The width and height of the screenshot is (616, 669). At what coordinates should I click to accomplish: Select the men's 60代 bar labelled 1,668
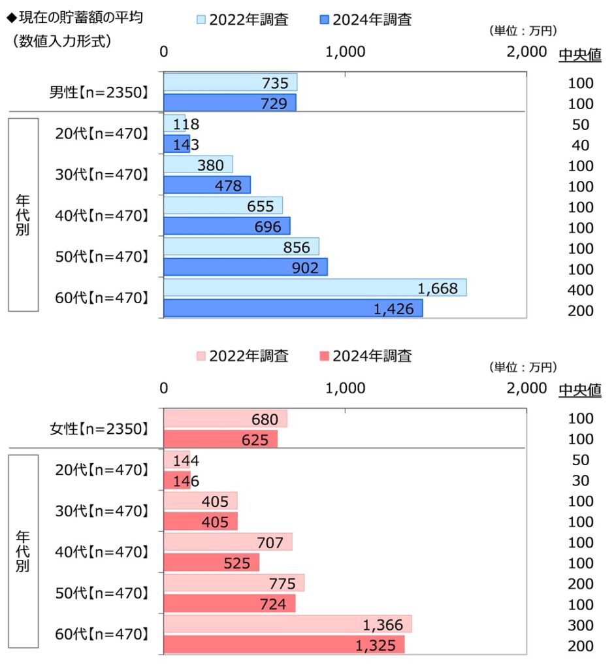pyautogui.click(x=314, y=287)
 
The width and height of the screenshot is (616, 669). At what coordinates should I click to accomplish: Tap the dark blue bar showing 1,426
pyautogui.click(x=293, y=308)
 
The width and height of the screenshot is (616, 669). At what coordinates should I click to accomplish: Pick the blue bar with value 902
pyautogui.click(x=245, y=267)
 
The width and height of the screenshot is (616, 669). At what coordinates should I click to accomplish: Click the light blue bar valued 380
pyautogui.click(x=198, y=164)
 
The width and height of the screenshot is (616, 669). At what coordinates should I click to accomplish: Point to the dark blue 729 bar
pyautogui.click(x=229, y=103)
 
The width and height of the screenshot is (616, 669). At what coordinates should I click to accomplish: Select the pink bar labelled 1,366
pyautogui.click(x=287, y=624)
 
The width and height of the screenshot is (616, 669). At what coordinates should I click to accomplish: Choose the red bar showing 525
pyautogui.click(x=211, y=563)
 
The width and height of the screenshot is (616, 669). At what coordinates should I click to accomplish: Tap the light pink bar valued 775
pyautogui.click(x=233, y=583)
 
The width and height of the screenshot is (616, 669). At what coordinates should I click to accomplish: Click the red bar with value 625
pyautogui.click(x=220, y=439)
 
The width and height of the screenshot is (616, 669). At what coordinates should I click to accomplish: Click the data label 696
pyautogui.click(x=268, y=227)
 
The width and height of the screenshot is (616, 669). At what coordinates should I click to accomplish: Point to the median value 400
pyautogui.click(x=581, y=289)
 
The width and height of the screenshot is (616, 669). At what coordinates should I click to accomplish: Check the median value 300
pyautogui.click(x=581, y=625)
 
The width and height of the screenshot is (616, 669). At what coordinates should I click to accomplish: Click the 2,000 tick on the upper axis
pyautogui.click(x=526, y=52)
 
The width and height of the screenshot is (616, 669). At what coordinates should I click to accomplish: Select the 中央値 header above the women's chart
pyautogui.click(x=579, y=390)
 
